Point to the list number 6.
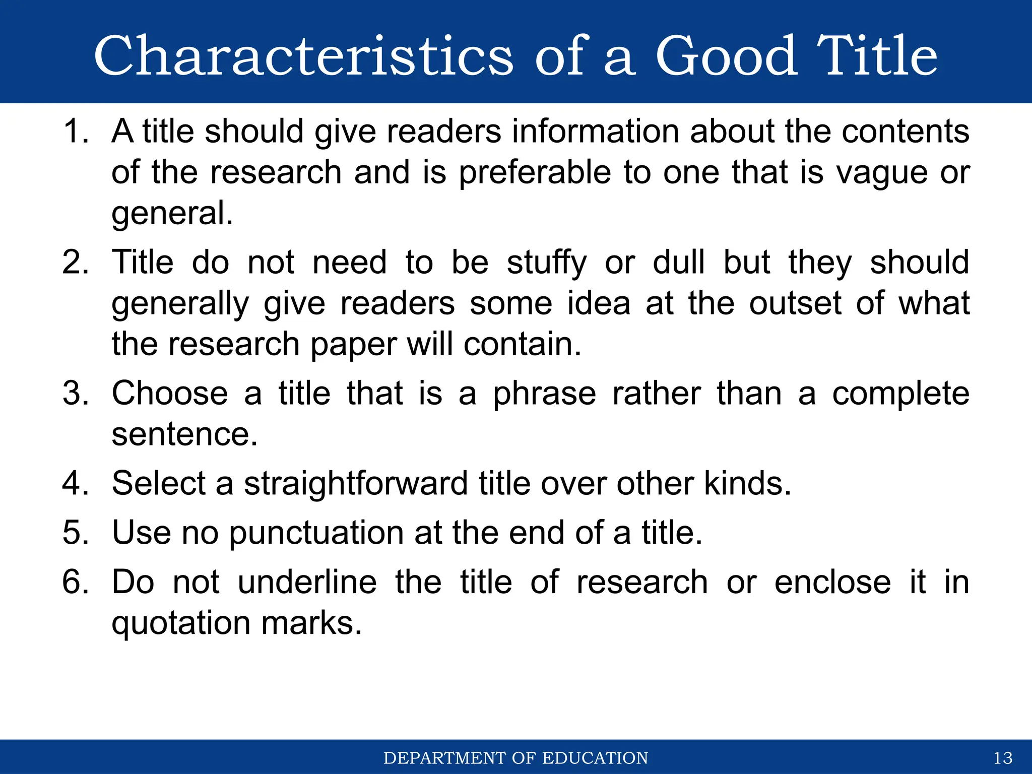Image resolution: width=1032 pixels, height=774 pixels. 75,582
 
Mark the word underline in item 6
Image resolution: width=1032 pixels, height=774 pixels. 307,582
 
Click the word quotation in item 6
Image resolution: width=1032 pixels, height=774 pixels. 180,623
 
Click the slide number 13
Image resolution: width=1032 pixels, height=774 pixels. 1003,758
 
